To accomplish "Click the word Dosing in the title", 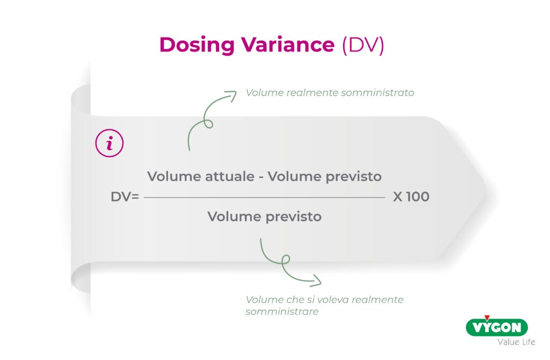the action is tap(197, 45).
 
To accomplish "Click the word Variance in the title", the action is tap(288, 45).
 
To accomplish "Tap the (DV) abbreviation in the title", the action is tap(363, 45).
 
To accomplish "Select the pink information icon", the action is tap(110, 143).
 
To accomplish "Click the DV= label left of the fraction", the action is tap(125, 197).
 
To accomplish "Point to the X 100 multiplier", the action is tap(411, 197).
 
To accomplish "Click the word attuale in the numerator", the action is tap(230, 176).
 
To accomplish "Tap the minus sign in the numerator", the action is tap(261, 177).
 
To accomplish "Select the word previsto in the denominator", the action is tap(293, 217).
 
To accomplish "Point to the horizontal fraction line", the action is tap(264, 198).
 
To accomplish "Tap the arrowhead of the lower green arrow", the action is tap(316, 280).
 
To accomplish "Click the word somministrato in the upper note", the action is tap(378, 92).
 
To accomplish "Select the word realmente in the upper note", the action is tap(312, 92).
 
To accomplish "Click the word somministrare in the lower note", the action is tap(282, 312).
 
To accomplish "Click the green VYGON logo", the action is tap(497, 326).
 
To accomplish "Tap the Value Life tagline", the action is tap(516, 342).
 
